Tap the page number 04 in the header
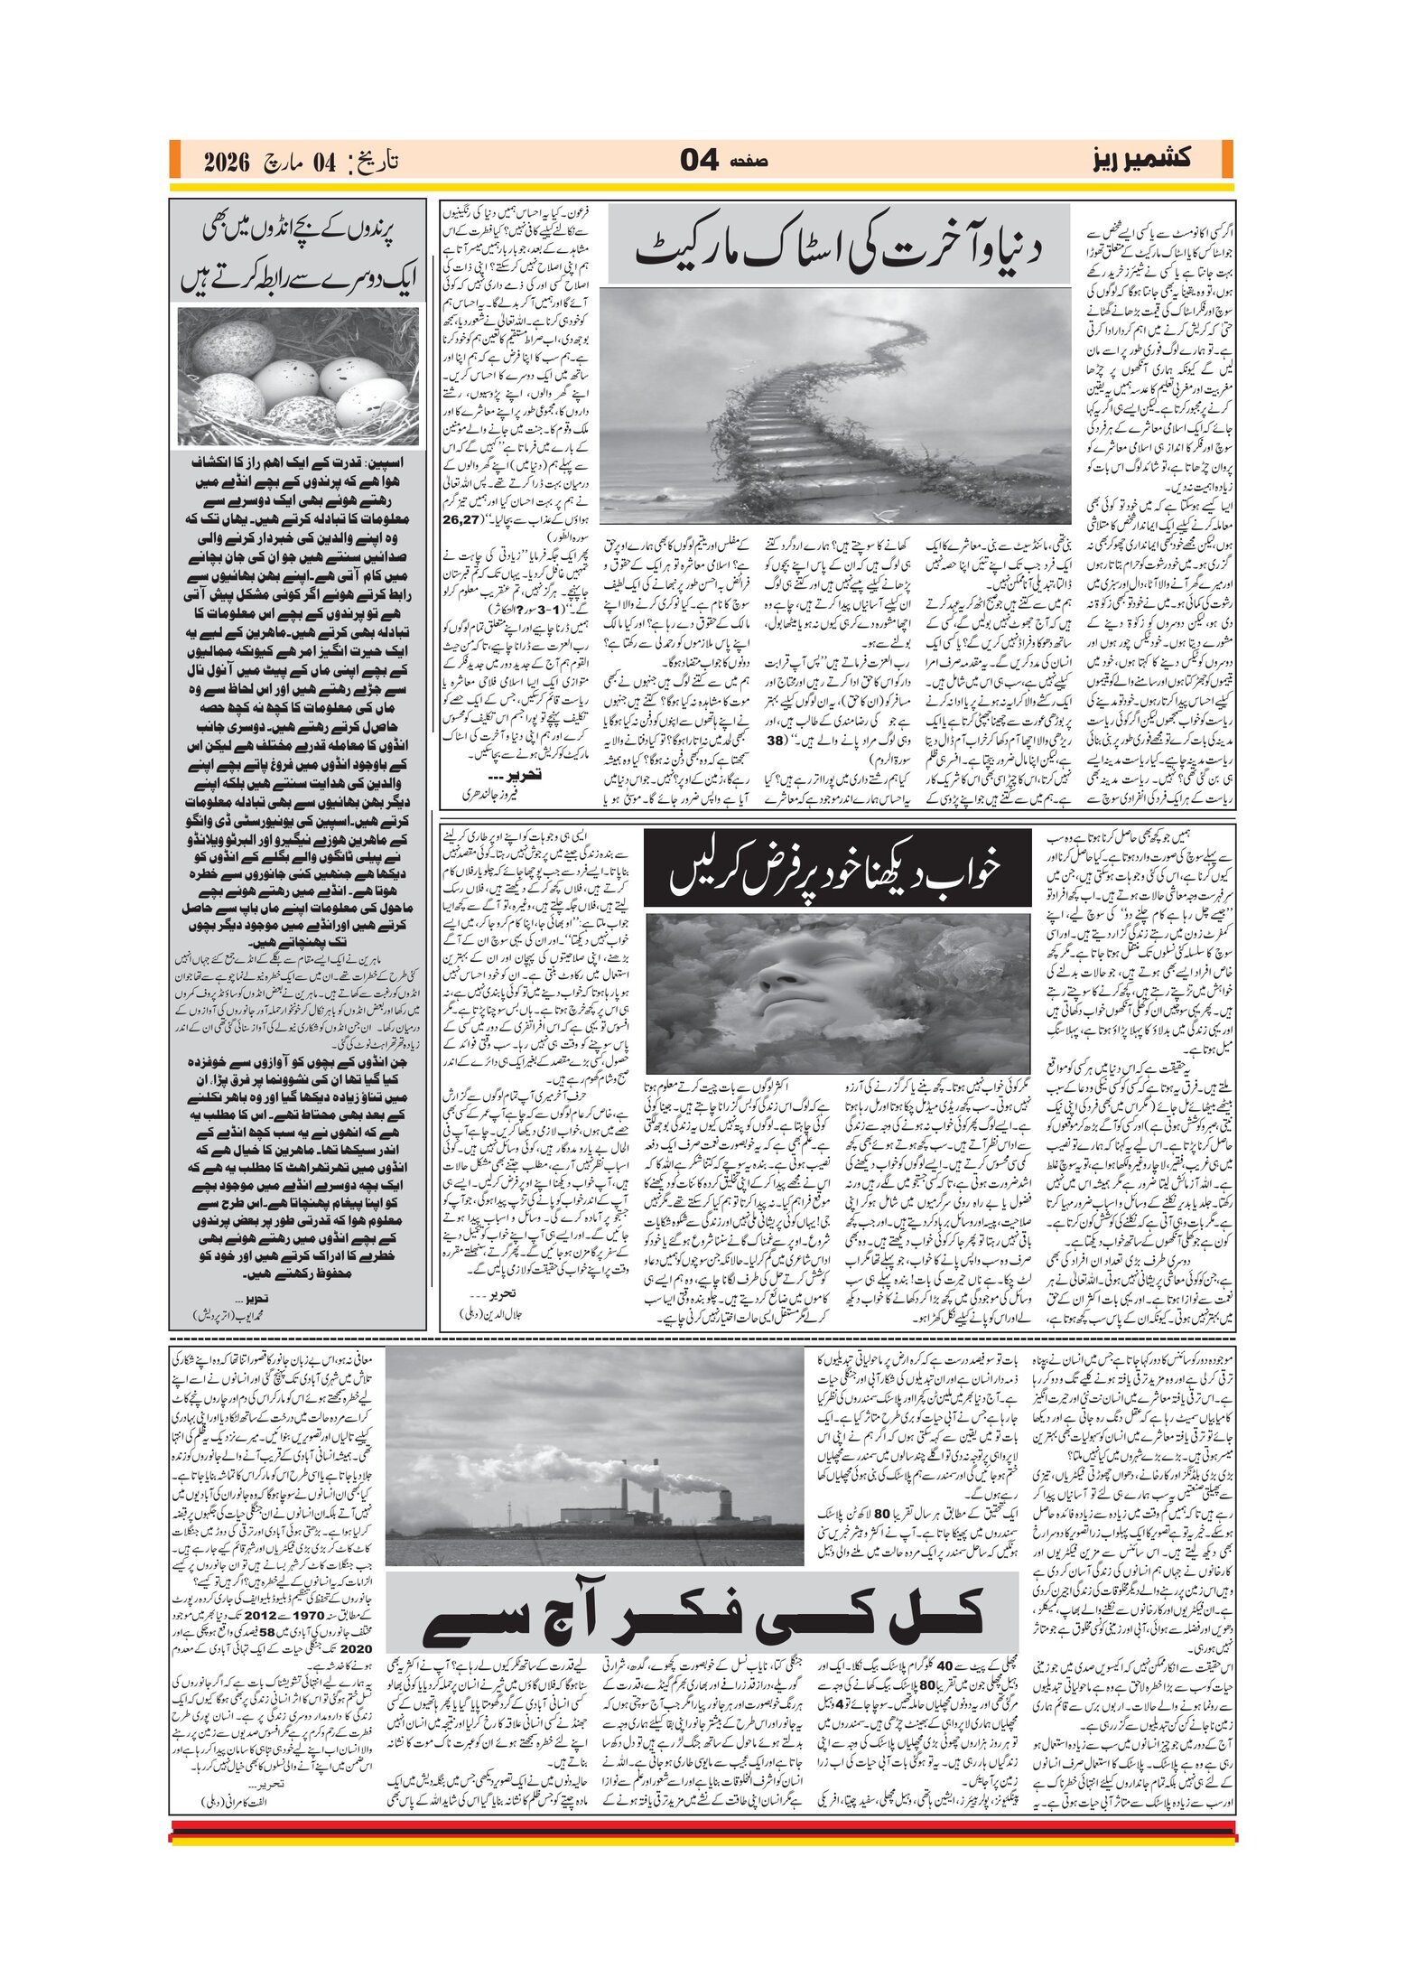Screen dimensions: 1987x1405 [x=699, y=161]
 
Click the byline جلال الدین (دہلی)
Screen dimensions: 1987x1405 [x=490, y=1315]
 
